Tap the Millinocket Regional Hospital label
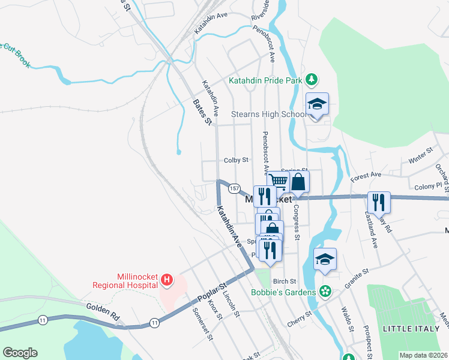(x=124, y=284)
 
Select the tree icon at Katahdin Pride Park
(x=311, y=80)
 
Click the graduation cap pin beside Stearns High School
(x=317, y=104)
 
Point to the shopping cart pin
(x=278, y=181)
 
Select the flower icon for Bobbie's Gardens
(x=325, y=292)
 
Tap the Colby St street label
(x=236, y=160)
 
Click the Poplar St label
(x=214, y=290)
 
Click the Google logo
(x=20, y=353)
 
